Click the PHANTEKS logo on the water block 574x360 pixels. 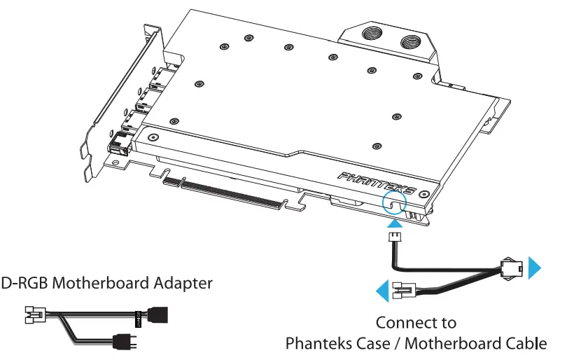click(378, 184)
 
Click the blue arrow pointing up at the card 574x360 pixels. click(395, 223)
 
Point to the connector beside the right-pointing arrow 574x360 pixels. click(511, 270)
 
